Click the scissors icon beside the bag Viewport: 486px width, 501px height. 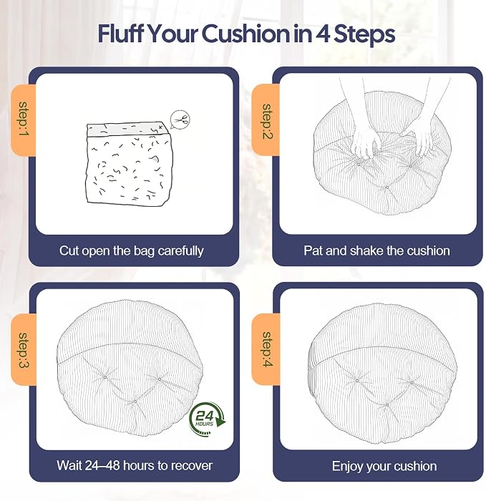coord(180,120)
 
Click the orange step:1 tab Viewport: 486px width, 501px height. coord(24,120)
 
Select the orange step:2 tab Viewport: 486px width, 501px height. coord(266,120)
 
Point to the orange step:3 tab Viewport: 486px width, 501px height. coord(24,349)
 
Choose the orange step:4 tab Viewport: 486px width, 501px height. coord(266,349)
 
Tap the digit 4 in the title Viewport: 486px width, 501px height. coord(323,34)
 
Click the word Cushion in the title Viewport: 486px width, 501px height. coord(246,34)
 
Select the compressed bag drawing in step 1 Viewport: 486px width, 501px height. coord(130,163)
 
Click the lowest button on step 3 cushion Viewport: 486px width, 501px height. coord(135,402)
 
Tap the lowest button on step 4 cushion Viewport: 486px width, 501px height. coord(387,405)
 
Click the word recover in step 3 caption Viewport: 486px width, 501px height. coord(193,466)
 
